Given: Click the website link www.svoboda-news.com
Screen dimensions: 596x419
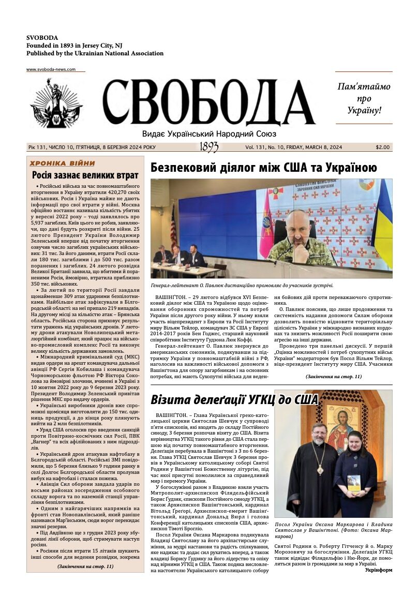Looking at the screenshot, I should point(51,69).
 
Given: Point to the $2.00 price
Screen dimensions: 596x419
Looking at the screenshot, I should point(383,147).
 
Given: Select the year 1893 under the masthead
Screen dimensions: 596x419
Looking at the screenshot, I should point(209,147).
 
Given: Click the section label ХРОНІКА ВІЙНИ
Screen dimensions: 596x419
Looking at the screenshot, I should point(62,163).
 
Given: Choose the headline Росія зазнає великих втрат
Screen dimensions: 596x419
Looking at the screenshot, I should point(85,175).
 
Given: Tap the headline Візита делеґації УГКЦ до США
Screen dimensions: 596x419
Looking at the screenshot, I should point(234,399).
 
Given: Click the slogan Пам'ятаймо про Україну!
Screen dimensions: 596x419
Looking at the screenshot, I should point(364,98).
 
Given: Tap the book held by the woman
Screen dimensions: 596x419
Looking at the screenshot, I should point(354,482).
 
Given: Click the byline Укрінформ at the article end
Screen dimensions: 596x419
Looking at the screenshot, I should point(378,570).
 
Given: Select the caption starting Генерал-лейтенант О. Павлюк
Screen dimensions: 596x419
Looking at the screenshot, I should point(242,285).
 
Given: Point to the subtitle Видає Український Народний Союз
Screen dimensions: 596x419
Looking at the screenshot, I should point(209,133).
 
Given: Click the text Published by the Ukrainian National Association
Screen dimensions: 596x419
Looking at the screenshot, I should point(95,53).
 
